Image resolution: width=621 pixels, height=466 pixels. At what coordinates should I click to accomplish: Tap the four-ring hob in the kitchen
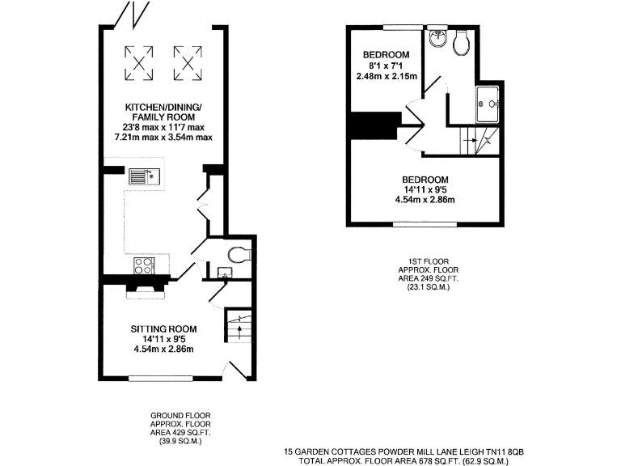pyautogui.click(x=143, y=265)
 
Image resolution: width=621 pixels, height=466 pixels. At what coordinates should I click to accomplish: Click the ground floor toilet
pyautogui.click(x=237, y=256)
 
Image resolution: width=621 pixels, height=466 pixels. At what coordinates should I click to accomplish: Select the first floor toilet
pyautogui.click(x=463, y=43)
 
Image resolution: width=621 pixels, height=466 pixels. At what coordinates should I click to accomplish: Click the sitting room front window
pyautogui.click(x=162, y=377)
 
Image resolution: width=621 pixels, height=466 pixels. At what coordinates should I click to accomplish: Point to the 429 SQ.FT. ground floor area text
pyautogui.click(x=175, y=433)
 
